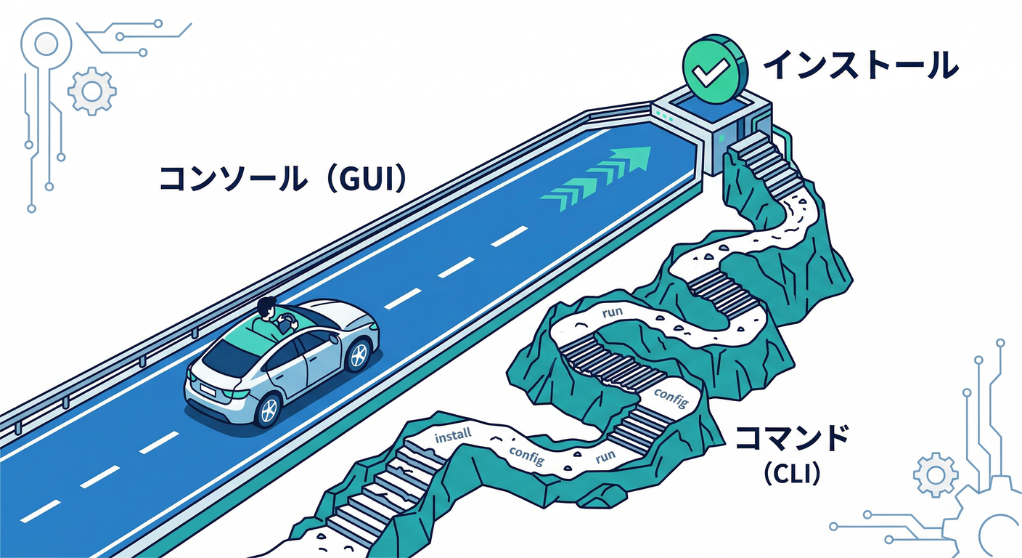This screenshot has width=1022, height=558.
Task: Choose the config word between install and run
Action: click(526, 453)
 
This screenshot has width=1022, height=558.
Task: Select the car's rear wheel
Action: click(267, 409)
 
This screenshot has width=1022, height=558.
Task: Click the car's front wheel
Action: click(356, 355)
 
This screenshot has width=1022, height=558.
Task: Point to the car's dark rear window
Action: click(229, 356)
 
